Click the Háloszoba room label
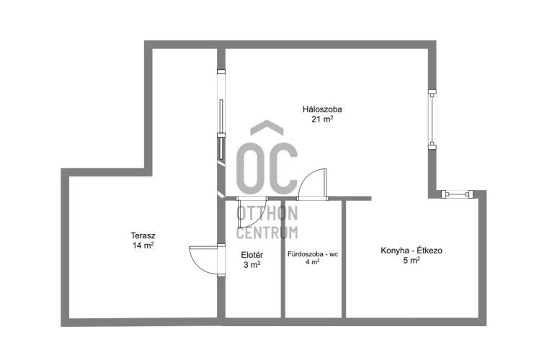[x=322, y=109]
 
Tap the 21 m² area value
[x=322, y=119]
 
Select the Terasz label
[x=143, y=235]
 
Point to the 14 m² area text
[x=143, y=246]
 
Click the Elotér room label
[x=252, y=255]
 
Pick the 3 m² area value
[x=252, y=265]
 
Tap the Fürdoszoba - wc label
[x=313, y=254]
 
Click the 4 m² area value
[x=313, y=262]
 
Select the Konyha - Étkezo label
[x=411, y=251]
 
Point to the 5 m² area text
[x=411, y=261]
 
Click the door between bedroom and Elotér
[x=252, y=212]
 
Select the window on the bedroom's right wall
[x=432, y=120]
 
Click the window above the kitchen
[x=458, y=194]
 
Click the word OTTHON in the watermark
[x=267, y=213]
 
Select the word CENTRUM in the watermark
[x=267, y=233]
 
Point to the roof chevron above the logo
[x=267, y=127]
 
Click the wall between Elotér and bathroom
[x=283, y=259]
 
